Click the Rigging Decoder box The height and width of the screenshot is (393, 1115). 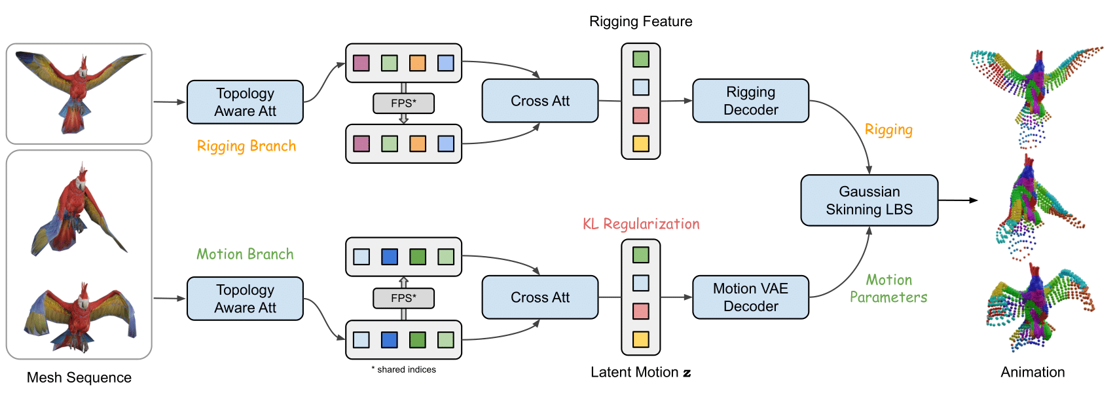pos(750,101)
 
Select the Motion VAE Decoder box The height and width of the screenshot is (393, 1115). pos(750,297)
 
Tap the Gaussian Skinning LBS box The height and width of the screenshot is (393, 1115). pos(869,200)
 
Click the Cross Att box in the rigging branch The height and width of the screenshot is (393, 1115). pos(540,101)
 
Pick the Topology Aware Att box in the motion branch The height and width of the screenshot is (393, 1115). pos(245,299)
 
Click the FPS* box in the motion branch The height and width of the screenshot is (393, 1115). pos(404,298)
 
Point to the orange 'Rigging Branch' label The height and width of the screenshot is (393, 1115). pos(246,146)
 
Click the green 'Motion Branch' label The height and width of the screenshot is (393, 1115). pos(245,254)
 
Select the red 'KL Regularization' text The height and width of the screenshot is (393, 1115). pos(641,224)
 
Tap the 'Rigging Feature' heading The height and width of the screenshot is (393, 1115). pos(640,22)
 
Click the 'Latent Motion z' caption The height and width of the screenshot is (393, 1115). pos(640,372)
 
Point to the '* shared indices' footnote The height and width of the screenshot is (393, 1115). pos(404,369)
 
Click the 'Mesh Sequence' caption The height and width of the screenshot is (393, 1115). pos(79,377)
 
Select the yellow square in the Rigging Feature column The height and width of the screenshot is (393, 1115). pos(640,143)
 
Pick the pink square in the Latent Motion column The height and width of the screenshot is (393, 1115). pos(640,311)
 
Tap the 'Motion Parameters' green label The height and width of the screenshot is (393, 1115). pos(888,288)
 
